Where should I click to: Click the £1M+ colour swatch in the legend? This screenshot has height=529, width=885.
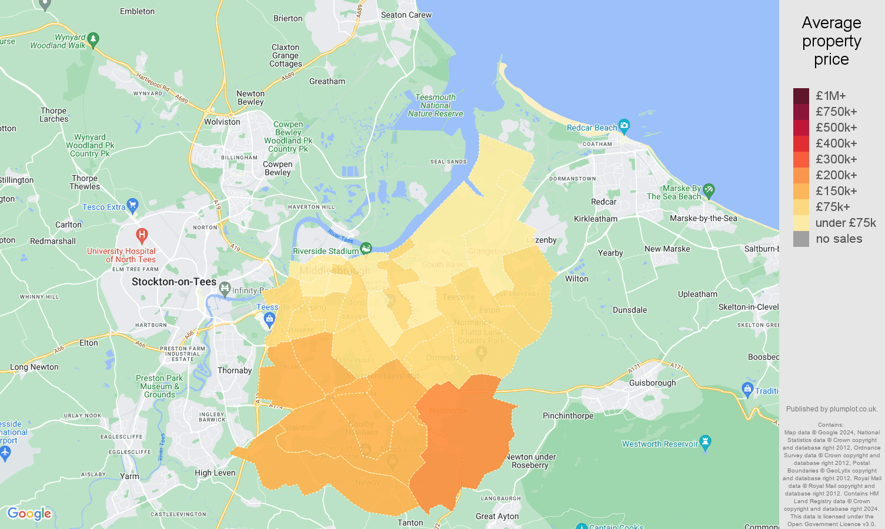coord(801,96)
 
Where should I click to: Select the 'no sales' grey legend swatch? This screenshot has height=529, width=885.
coord(801,239)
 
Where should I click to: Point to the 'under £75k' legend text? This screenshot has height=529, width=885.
coord(846,223)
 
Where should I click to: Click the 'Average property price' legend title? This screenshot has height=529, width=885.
coord(831,41)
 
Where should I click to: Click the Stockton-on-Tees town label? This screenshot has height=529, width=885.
coord(174,282)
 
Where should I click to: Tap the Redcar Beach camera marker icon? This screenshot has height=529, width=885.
coord(624,125)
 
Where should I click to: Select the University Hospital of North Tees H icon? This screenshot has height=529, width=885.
coord(142,236)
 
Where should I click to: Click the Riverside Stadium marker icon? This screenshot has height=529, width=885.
coord(366,249)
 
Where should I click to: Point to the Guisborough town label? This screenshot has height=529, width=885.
coord(652,383)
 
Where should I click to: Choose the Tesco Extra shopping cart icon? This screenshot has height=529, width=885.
coord(133,206)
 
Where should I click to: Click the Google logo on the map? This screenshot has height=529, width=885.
coord(29,514)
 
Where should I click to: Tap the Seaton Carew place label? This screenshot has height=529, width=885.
coord(406,15)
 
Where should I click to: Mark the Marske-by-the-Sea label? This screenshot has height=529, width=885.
coord(703,218)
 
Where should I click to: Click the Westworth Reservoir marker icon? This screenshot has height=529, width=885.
coord(706,442)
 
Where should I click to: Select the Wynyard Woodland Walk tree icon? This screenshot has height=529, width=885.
coord(93,40)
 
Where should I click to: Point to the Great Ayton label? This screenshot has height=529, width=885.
coord(497,516)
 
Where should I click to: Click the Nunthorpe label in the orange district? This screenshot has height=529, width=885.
coord(449,410)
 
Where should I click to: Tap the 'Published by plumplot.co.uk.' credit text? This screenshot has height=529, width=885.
coord(831,409)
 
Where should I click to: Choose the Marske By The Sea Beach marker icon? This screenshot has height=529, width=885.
coord(709,190)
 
